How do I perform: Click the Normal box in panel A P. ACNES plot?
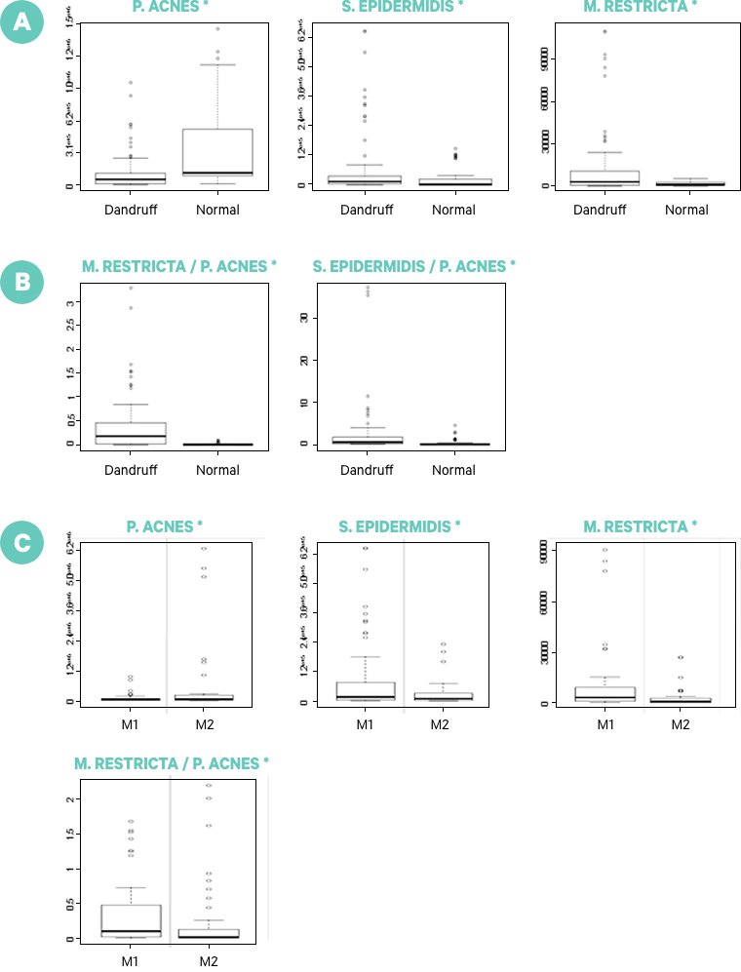coord(225,151)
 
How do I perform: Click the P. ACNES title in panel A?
coord(168,7)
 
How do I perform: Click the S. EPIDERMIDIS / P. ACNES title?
coord(414,265)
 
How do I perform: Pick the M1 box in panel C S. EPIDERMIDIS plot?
coord(365,690)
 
